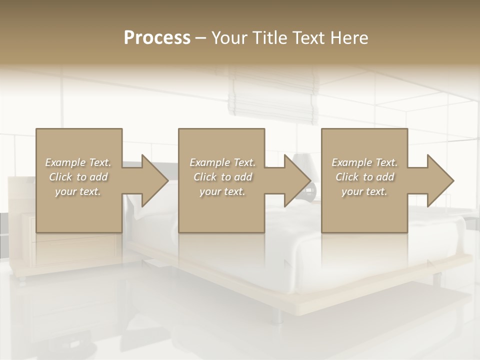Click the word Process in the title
coord(157,38)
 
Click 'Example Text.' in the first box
coord(78,162)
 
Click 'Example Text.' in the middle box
coord(222,162)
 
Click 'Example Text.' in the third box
coord(364,162)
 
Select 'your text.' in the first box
coord(78,191)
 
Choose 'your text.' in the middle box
coord(222,191)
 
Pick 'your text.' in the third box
coord(364,191)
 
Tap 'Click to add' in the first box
coord(78,177)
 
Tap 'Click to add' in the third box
coord(364,177)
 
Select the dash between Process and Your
coord(201,38)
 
